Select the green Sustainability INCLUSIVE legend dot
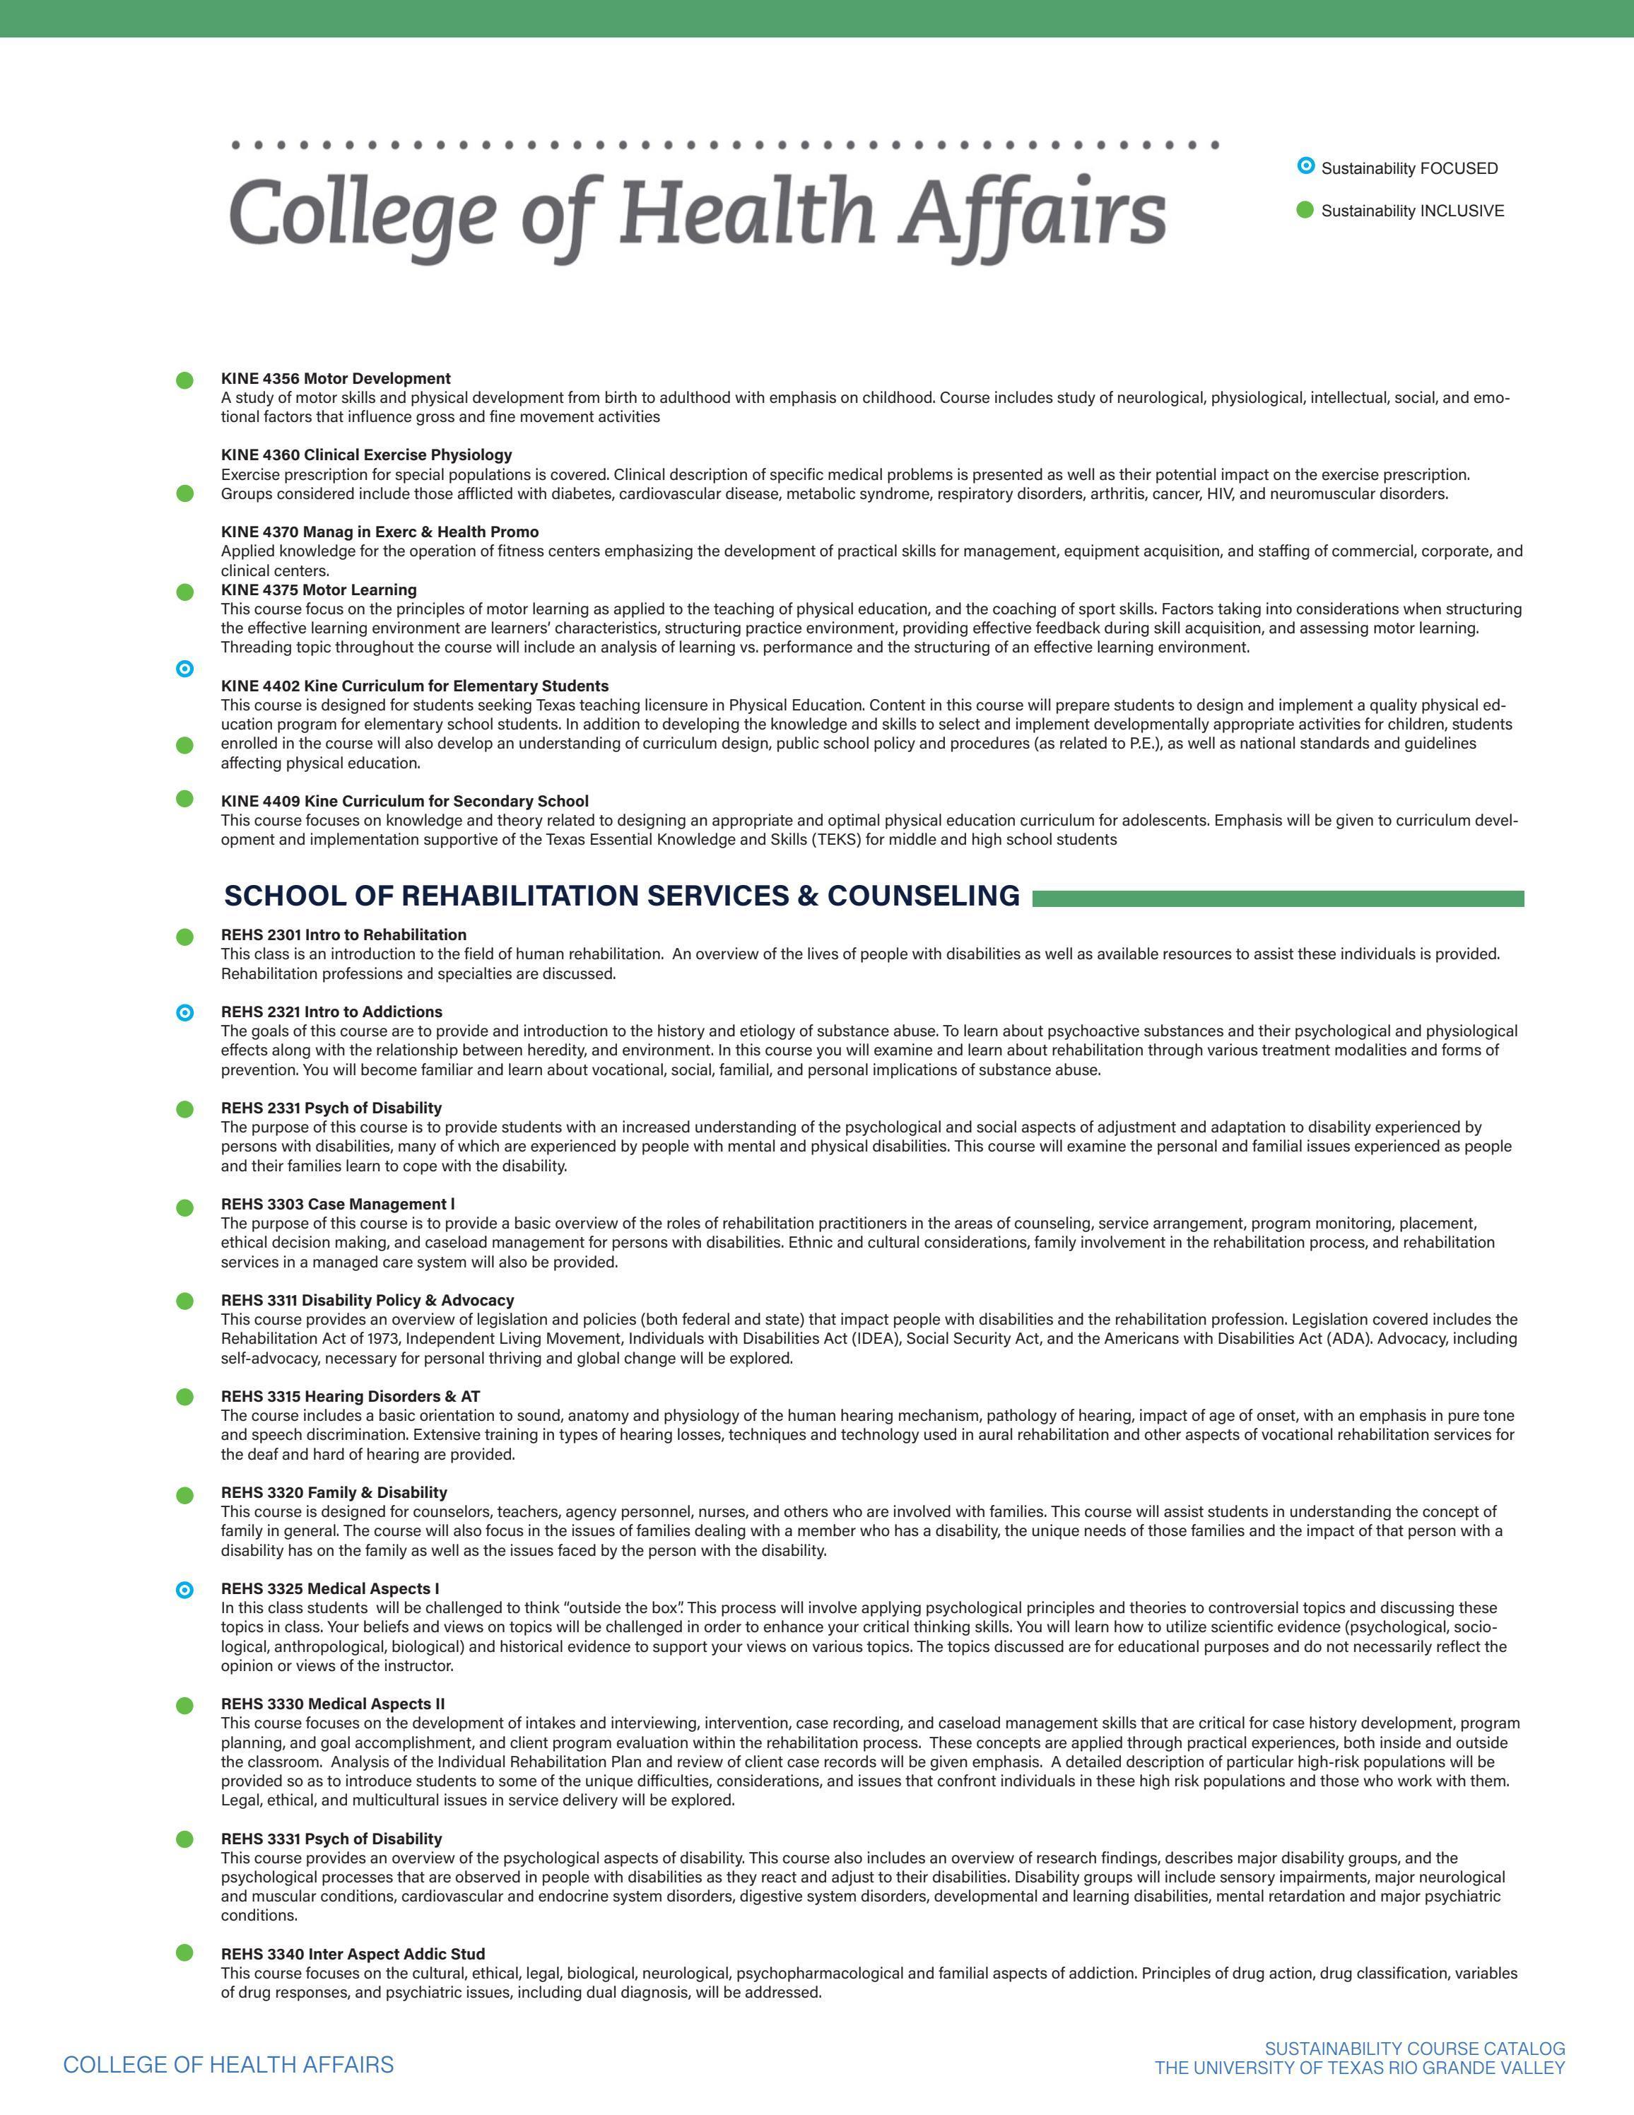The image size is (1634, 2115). pyautogui.click(x=1305, y=210)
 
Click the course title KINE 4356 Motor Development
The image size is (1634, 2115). pyautogui.click(x=335, y=377)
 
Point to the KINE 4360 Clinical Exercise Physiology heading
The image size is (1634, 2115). pyautogui.click(x=366, y=455)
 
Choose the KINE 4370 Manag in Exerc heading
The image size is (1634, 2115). pyautogui.click(x=380, y=532)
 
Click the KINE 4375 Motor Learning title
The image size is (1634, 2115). pyautogui.click(x=319, y=590)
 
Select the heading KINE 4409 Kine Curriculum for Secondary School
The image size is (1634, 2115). pyautogui.click(x=405, y=801)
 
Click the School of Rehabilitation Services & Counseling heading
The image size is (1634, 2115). pyautogui.click(x=621, y=896)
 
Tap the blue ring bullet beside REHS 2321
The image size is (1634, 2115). pyautogui.click(x=185, y=1013)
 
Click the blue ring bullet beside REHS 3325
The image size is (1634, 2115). pyautogui.click(x=185, y=1589)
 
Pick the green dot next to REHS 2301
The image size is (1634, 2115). pyautogui.click(x=185, y=937)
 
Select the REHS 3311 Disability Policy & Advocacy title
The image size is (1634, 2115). pyautogui.click(x=367, y=1299)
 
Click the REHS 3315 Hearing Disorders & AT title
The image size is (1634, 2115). pyautogui.click(x=351, y=1395)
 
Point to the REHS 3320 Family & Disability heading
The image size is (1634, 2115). pyautogui.click(x=334, y=1492)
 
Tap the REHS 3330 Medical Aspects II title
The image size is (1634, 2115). pyautogui.click(x=333, y=1704)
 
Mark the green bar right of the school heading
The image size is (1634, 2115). pyautogui.click(x=1278, y=898)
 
